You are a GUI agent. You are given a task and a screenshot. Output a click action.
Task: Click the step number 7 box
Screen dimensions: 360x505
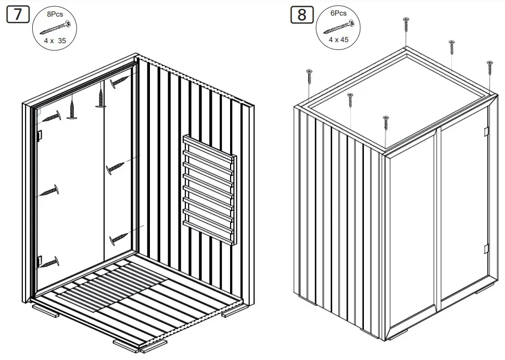(18, 14)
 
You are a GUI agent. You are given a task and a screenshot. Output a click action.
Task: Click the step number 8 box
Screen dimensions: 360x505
(302, 14)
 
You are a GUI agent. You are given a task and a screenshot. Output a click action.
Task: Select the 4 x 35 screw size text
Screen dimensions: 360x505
(55, 39)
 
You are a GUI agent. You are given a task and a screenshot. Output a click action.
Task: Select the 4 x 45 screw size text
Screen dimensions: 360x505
(339, 39)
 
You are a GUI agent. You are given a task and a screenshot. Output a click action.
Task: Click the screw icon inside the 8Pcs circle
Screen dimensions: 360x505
(55, 27)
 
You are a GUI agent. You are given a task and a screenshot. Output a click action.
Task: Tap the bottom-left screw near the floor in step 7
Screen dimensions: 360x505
(51, 262)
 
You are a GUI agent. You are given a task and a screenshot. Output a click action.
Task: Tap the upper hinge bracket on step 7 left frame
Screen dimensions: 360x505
(39, 134)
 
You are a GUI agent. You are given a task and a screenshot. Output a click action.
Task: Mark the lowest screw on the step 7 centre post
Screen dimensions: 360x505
(119, 238)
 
